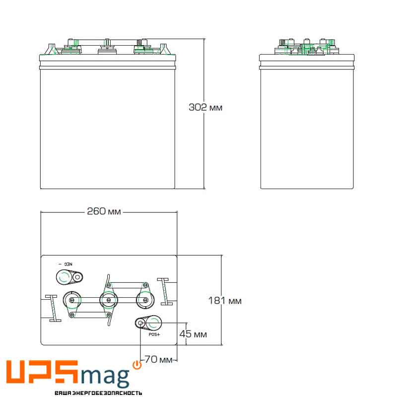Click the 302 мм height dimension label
205,107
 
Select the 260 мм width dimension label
104,211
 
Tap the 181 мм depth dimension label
225,301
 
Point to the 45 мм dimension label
193,334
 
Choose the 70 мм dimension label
158,359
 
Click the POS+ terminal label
154,334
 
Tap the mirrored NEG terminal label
66,264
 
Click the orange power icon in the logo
137,365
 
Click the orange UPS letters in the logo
42,371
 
